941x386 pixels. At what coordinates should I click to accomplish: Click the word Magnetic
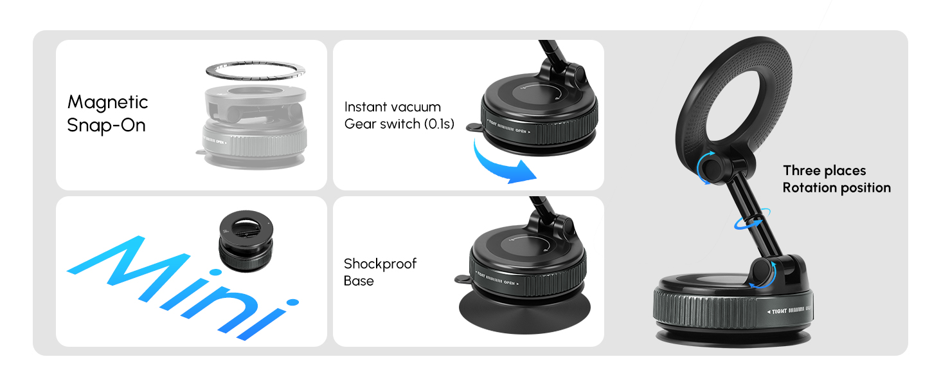point(107,103)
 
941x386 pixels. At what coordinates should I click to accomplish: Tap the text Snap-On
point(106,125)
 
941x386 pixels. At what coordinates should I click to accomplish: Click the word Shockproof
point(380,264)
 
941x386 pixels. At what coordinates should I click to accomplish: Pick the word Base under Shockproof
point(359,281)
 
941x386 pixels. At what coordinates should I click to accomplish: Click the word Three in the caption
point(802,170)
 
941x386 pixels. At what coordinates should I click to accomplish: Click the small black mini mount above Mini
point(246,241)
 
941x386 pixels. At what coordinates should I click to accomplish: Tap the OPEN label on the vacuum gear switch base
point(521,131)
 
